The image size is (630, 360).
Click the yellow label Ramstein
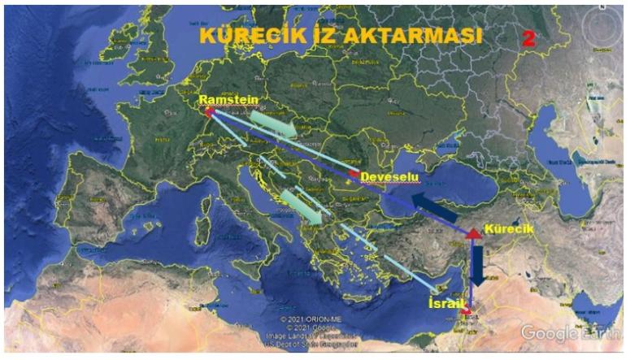pos(228,100)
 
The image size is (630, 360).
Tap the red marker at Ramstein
pos(209,113)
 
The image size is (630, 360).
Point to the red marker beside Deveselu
pos(353,174)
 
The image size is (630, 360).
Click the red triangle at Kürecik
pos(473,233)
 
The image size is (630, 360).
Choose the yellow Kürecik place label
pos(509,229)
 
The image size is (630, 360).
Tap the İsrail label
pos(447,303)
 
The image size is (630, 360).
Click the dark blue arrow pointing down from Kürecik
pos(477,264)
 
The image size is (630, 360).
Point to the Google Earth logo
pos(571,333)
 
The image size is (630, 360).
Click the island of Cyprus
pos(440,284)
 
